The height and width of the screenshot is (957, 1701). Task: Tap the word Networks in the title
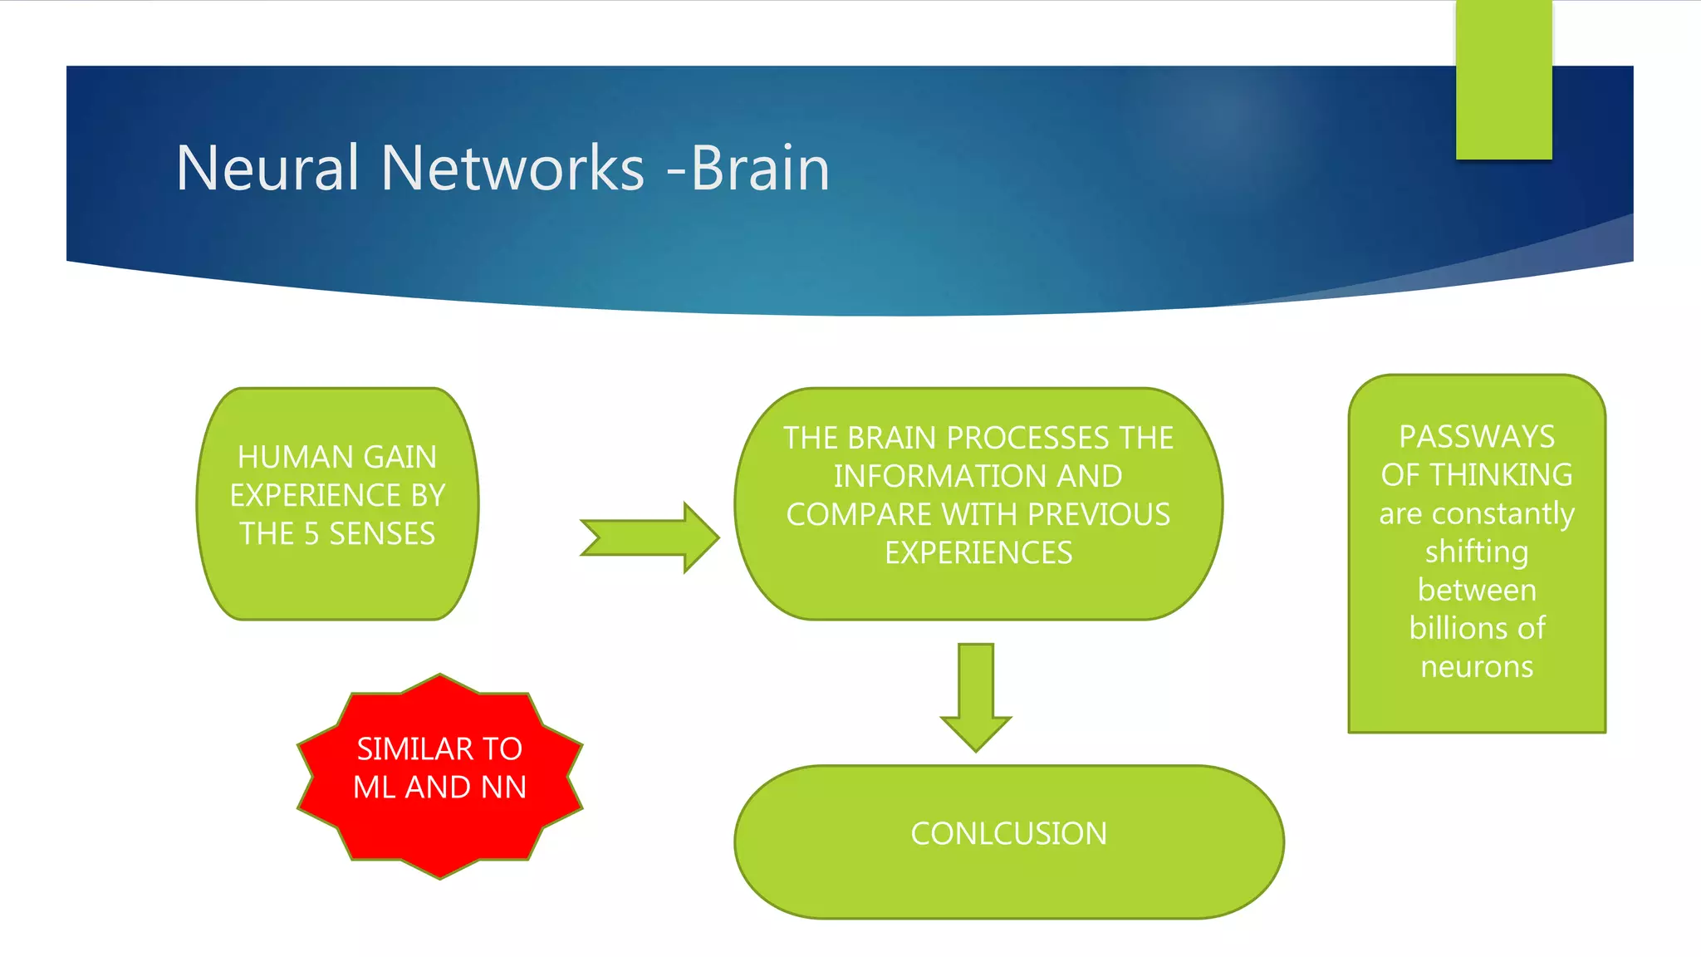[x=512, y=168]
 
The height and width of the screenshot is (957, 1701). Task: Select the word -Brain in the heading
[x=748, y=168]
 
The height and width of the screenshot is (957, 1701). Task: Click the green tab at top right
[x=1503, y=80]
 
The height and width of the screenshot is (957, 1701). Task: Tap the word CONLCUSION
[x=1008, y=833]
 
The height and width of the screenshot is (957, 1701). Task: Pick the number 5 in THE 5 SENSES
[x=311, y=533]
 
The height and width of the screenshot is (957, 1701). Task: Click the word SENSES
[x=382, y=533]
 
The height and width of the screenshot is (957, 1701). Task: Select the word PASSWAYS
[x=1476, y=436]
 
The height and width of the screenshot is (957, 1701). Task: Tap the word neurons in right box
[x=1476, y=666]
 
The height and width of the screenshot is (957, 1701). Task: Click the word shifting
[x=1476, y=552]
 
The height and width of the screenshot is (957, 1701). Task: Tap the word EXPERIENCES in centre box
[x=978, y=552]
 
